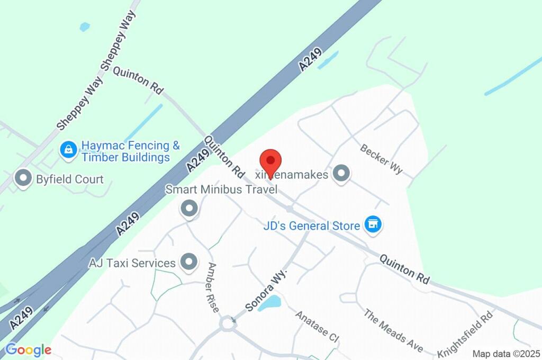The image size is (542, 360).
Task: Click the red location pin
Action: tap(270, 161)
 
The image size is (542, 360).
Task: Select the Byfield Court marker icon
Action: tap(23, 179)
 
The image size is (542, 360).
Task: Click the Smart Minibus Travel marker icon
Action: tap(189, 209)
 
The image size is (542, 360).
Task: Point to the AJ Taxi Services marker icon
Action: tap(188, 262)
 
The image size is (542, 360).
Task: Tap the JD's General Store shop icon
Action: tap(374, 224)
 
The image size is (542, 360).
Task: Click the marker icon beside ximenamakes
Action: tap(342, 173)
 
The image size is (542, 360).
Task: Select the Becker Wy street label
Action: tap(382, 158)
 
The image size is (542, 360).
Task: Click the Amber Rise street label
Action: tap(213, 287)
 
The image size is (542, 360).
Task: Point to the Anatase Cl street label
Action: tap(317, 326)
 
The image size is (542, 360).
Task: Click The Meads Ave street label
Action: tap(393, 330)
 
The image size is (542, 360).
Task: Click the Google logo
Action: tap(28, 350)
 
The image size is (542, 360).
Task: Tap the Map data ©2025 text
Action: tap(505, 354)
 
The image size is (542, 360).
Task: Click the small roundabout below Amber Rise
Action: tap(229, 323)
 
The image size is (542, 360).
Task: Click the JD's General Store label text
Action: tap(312, 226)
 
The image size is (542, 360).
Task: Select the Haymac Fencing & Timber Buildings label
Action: tap(130, 151)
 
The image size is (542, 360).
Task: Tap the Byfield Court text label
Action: tap(70, 179)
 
